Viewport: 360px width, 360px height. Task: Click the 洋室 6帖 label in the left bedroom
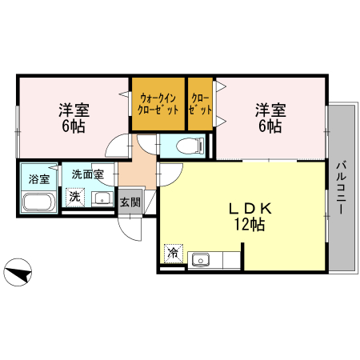point(71,118)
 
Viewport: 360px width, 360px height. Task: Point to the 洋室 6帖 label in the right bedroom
point(270,118)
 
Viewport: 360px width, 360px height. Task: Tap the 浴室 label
point(38,178)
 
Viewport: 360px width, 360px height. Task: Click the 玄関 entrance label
point(130,202)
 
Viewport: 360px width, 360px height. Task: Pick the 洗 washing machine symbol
point(74,196)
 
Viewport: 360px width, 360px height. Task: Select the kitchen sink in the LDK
point(200,259)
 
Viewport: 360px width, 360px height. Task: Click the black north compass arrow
point(18,273)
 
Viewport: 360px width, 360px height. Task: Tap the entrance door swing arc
point(130,227)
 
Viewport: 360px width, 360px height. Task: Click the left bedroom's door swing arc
point(118,146)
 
